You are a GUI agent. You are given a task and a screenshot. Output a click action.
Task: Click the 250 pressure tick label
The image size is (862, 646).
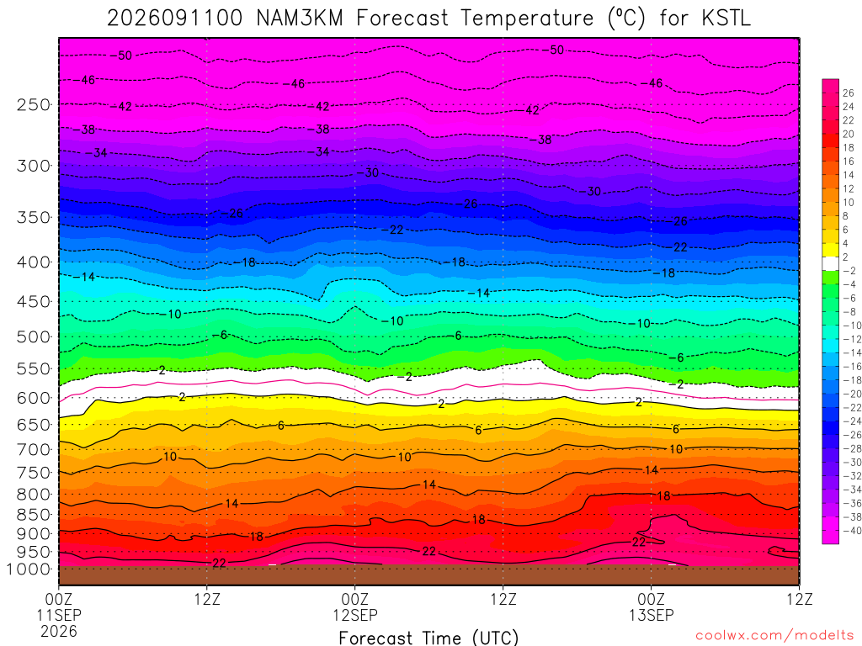[x=33, y=104]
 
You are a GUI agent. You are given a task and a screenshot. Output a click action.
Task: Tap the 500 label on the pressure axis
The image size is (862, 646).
[x=33, y=336]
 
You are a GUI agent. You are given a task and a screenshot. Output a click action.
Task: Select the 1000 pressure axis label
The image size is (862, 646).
[x=29, y=569]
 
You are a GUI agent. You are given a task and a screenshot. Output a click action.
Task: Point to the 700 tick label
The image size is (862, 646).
[x=33, y=450]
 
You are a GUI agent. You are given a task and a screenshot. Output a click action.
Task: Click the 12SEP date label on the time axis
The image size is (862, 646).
[x=355, y=615]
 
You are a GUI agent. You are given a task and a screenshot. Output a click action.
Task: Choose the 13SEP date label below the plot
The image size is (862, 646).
[x=652, y=615]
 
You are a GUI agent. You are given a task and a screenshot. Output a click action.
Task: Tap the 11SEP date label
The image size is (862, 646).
[x=59, y=615]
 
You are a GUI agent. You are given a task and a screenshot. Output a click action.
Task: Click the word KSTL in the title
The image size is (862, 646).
[x=726, y=19]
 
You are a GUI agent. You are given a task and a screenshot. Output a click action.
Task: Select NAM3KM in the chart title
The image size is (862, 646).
[x=300, y=19]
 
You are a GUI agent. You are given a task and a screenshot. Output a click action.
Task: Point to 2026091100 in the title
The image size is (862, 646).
[x=174, y=19]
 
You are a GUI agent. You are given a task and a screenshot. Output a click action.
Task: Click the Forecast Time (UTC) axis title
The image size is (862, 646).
[x=428, y=638]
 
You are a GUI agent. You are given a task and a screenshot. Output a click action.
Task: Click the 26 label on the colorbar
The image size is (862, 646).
[x=849, y=93]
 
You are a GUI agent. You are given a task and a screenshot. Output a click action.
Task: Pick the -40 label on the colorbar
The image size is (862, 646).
[x=852, y=531]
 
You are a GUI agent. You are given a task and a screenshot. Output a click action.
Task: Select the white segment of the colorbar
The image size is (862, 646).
[x=831, y=263]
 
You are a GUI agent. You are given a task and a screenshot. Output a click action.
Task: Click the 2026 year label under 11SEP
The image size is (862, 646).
[x=59, y=631]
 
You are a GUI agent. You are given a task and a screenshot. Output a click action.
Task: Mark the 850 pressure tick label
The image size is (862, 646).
[x=33, y=515]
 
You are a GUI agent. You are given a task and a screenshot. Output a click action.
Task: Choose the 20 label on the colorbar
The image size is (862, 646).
[x=849, y=134]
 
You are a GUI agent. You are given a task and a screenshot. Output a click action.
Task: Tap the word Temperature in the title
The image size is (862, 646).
[x=527, y=19]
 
